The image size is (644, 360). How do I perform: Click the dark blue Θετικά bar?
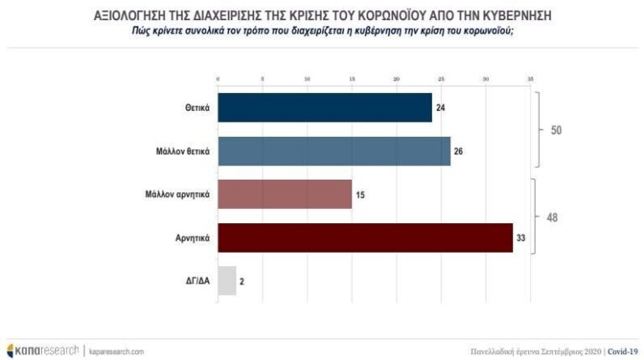(x=325, y=107)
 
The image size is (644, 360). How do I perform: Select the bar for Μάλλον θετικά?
(x=334, y=151)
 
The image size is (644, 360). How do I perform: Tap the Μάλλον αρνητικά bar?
(x=284, y=194)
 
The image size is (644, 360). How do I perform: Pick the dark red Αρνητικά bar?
(x=365, y=237)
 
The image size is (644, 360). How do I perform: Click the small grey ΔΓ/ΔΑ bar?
(x=226, y=281)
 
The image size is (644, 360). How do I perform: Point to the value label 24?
(x=440, y=108)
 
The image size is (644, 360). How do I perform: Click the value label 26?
(x=459, y=152)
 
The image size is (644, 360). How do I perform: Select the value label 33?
(x=522, y=238)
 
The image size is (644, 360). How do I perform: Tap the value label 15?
(x=361, y=195)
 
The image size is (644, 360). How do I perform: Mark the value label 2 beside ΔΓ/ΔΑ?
(x=242, y=282)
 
